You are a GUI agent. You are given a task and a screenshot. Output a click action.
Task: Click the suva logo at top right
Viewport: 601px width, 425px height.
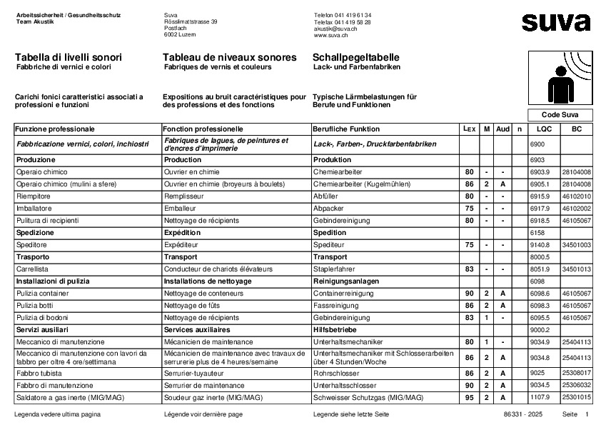click(x=556, y=22)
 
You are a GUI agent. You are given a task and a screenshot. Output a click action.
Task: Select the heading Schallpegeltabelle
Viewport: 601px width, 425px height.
click(x=355, y=57)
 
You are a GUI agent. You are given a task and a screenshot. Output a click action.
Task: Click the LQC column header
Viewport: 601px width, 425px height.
click(x=544, y=129)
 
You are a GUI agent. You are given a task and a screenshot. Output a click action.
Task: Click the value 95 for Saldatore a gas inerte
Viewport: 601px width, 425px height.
click(x=469, y=397)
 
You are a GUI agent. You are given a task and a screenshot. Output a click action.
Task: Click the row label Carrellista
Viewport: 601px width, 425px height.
click(x=31, y=269)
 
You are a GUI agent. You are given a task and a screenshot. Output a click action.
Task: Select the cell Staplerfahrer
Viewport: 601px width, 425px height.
click(x=335, y=269)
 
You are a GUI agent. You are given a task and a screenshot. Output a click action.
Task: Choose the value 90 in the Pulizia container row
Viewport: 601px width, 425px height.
click(x=469, y=294)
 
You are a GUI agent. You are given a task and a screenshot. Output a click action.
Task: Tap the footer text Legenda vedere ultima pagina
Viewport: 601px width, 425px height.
click(x=57, y=414)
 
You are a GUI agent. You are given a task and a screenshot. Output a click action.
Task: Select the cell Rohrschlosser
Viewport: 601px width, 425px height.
click(x=335, y=373)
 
